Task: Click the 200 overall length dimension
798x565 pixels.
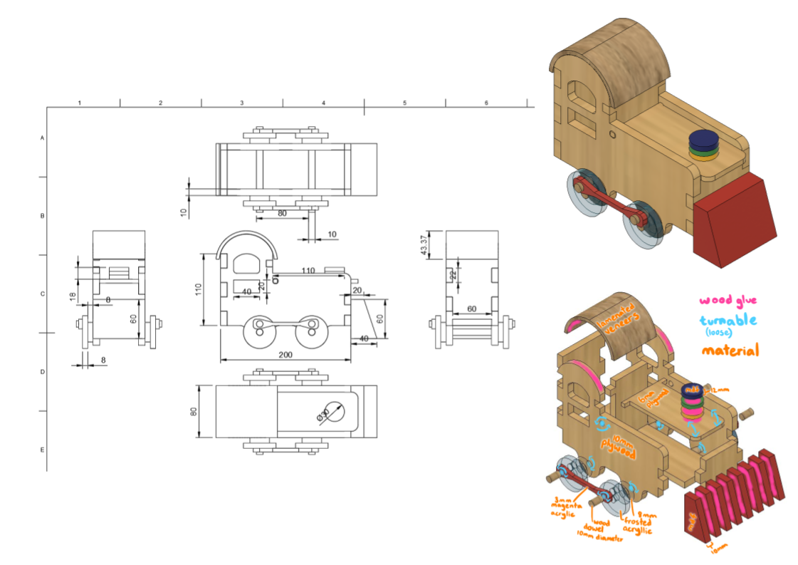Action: click(x=285, y=354)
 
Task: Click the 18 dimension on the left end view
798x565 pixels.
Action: click(x=73, y=295)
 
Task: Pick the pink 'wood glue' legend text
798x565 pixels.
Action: click(x=728, y=301)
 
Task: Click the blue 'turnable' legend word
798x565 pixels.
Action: click(x=728, y=321)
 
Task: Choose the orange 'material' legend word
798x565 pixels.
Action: click(x=730, y=350)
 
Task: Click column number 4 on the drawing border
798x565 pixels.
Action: click(x=323, y=103)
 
